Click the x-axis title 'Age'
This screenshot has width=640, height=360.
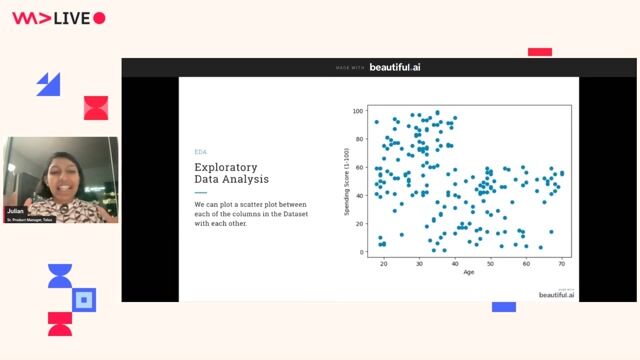pyautogui.click(x=469, y=272)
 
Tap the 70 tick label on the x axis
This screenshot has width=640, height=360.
pyautogui.click(x=562, y=263)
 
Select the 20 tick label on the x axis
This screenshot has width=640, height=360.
pyautogui.click(x=384, y=263)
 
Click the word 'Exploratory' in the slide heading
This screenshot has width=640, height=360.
pyautogui.click(x=226, y=166)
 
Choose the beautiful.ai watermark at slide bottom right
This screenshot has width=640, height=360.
pyautogui.click(x=557, y=294)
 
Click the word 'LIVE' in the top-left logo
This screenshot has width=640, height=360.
pyautogui.click(x=67, y=18)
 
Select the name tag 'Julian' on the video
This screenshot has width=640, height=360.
pyautogui.click(x=16, y=210)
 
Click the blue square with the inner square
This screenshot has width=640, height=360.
pyautogui.click(x=85, y=299)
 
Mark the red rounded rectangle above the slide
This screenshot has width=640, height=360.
pyautogui.click(x=540, y=52)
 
